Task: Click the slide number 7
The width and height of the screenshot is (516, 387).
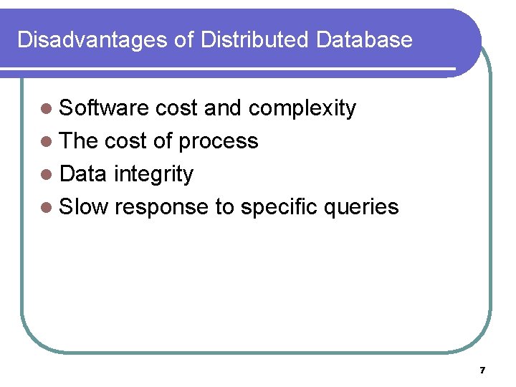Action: pos(482,371)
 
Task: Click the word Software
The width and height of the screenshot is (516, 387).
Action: pos(104,108)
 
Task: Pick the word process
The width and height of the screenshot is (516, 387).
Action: pos(218,142)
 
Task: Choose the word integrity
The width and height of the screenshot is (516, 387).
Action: pos(153,175)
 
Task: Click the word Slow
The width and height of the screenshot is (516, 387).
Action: pos(83,207)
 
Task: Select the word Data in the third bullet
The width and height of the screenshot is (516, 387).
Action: pos(83,174)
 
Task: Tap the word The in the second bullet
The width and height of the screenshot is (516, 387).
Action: pos(79,141)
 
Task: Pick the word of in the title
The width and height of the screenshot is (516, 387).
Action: pos(184,39)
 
